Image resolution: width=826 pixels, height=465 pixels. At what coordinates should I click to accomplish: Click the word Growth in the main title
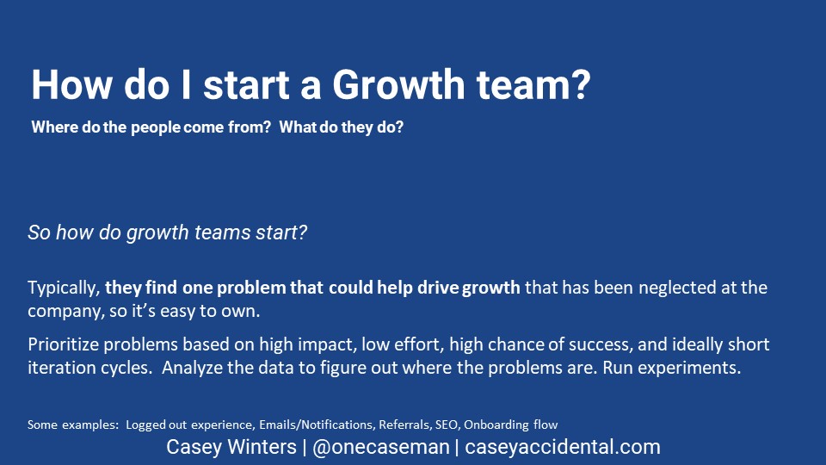[398, 84]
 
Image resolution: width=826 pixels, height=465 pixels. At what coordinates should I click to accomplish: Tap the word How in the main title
[71, 84]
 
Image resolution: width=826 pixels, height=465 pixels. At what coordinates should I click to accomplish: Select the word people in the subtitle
[156, 127]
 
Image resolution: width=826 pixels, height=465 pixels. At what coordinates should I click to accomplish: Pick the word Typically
[64, 288]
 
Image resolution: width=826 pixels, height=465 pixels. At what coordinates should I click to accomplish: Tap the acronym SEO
[447, 425]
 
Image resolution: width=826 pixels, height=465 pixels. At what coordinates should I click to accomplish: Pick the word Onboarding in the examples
[496, 425]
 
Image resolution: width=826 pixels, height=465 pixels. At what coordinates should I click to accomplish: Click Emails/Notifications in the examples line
[316, 425]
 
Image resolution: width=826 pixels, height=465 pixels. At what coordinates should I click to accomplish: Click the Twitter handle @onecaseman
[381, 447]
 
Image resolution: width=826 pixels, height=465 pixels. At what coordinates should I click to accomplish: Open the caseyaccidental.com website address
[563, 447]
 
